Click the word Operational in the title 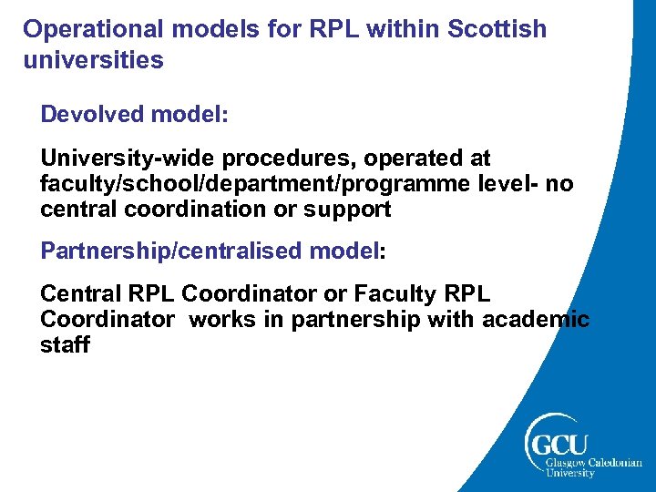pyautogui.click(x=89, y=30)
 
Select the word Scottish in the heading pyautogui.click(x=498, y=30)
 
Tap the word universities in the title pyautogui.click(x=93, y=61)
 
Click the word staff pyautogui.click(x=65, y=345)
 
